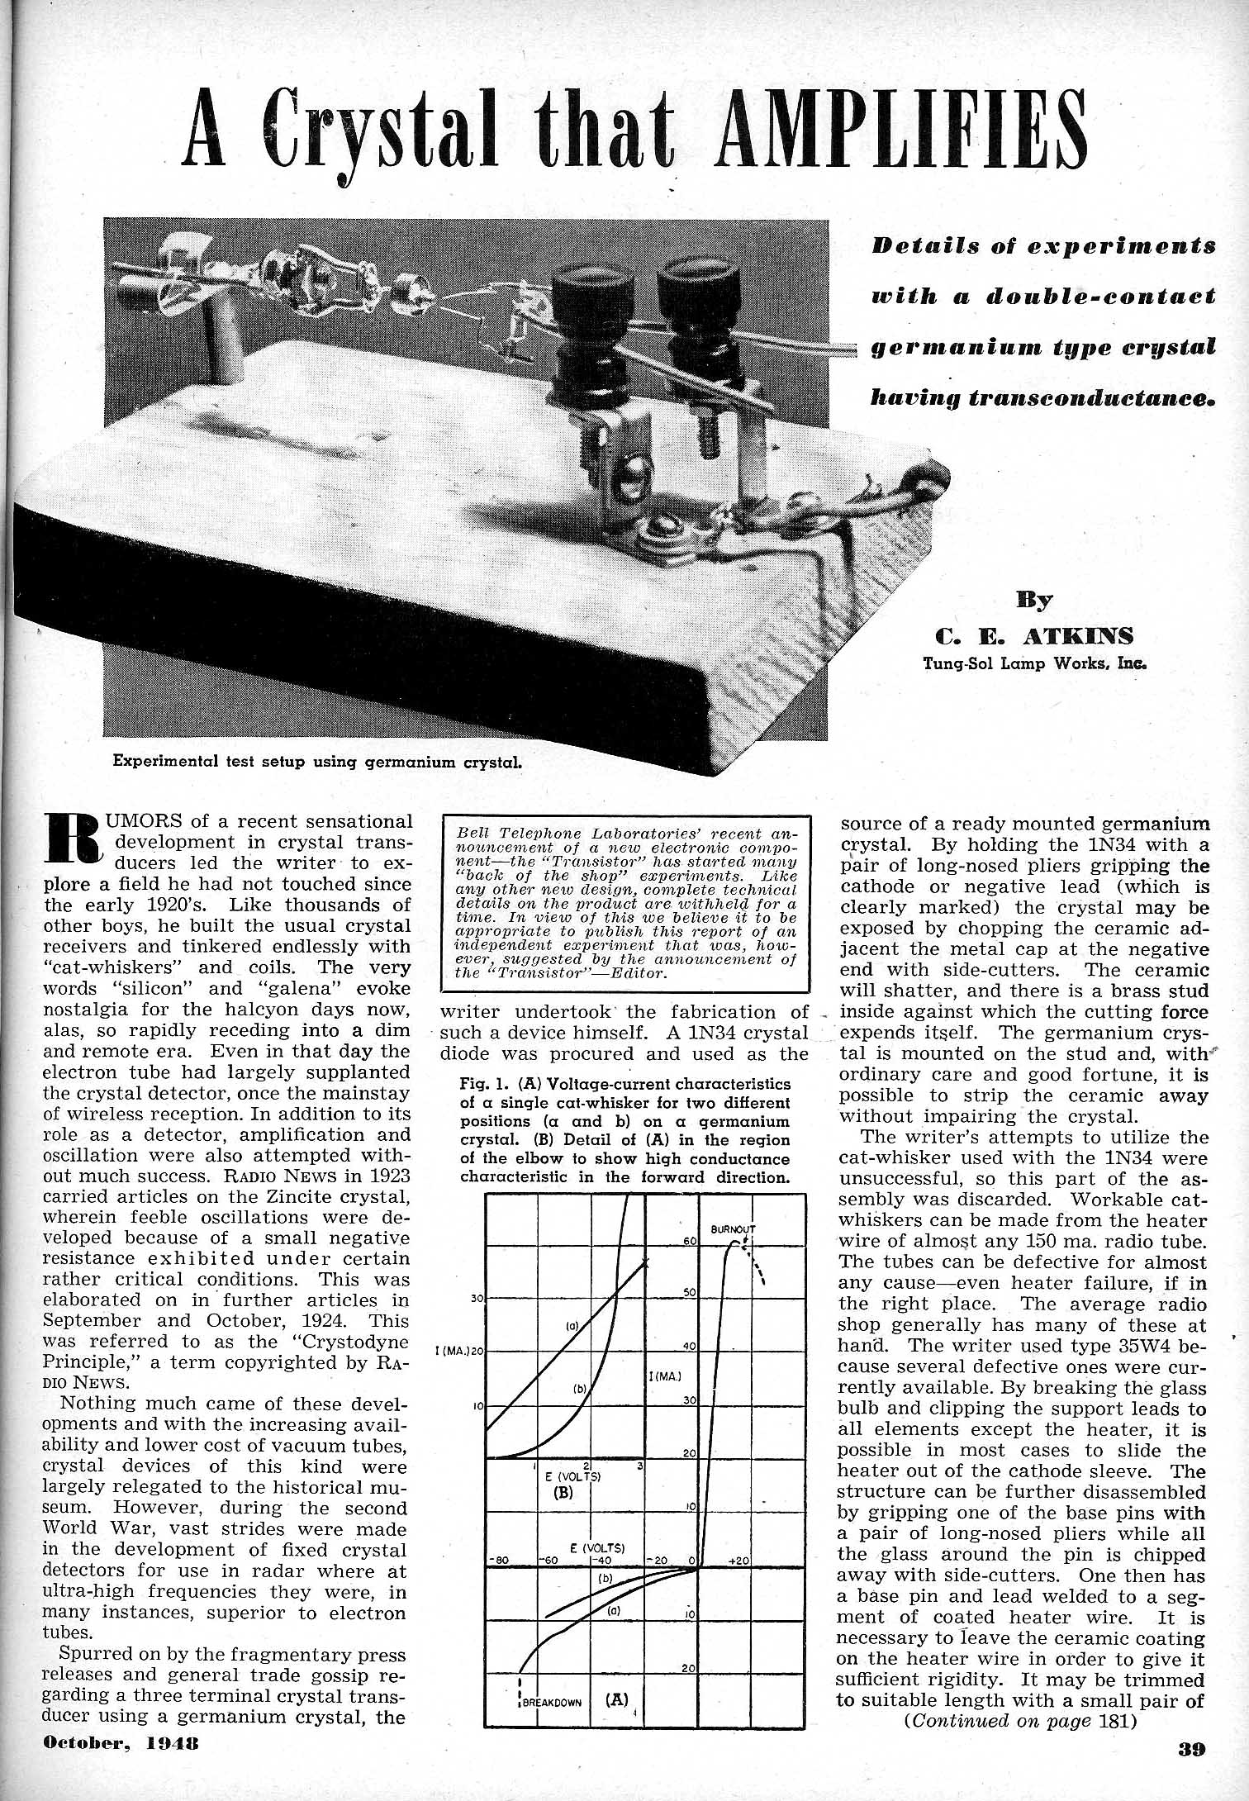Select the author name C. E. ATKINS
click(1033, 635)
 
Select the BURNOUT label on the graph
click(733, 1228)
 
